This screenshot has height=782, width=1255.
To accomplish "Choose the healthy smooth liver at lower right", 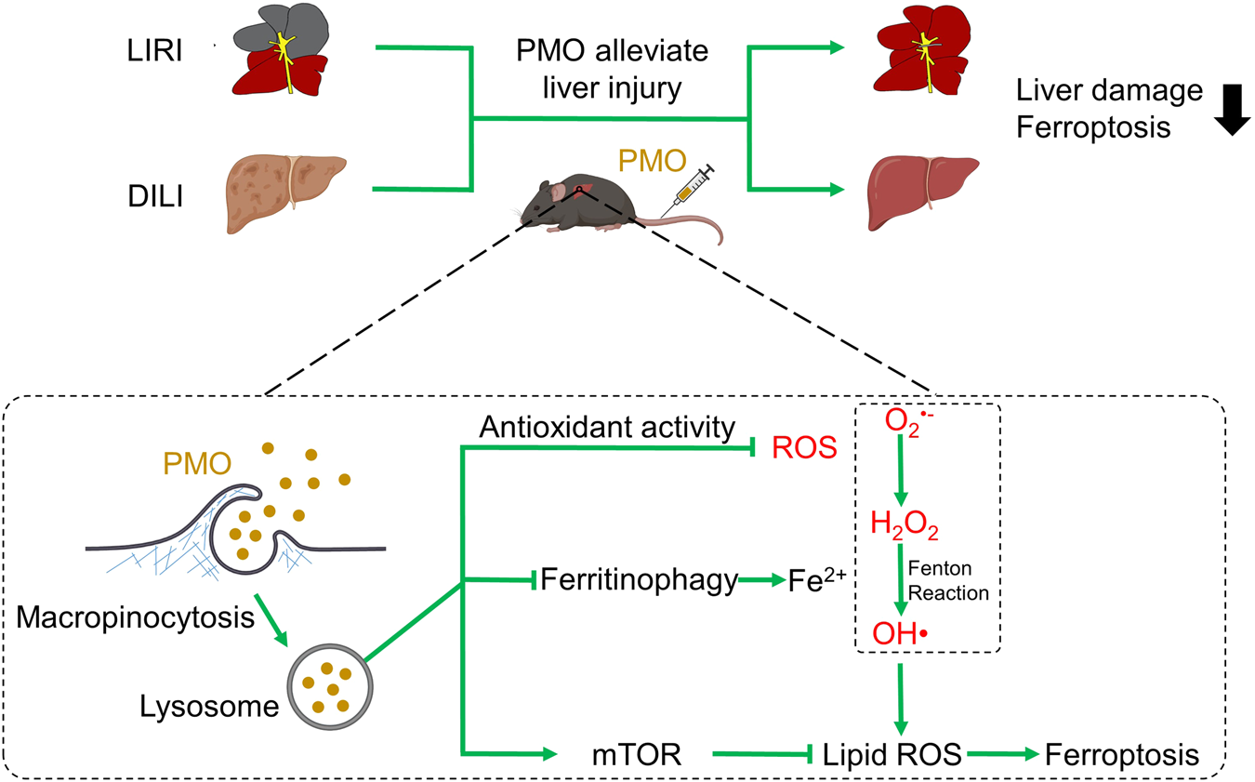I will (x=922, y=190).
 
